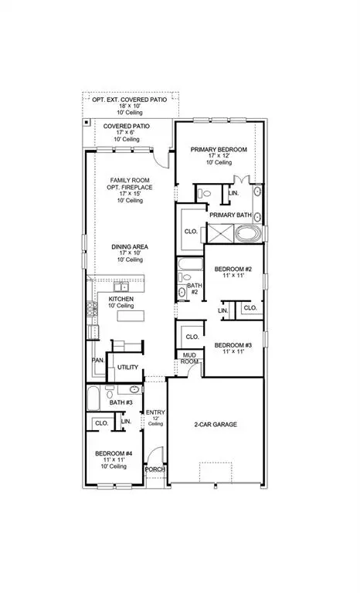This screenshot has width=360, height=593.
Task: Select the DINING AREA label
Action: (x=128, y=247)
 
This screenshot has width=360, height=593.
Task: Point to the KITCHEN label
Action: (x=122, y=298)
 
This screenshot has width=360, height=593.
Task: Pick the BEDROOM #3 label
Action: (x=229, y=344)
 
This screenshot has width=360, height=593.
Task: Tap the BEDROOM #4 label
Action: (x=111, y=454)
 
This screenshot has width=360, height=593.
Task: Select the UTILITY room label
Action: (x=128, y=368)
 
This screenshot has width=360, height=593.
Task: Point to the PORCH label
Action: (x=155, y=469)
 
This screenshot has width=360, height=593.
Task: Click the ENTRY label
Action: (x=155, y=413)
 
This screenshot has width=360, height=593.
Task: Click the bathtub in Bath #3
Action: (x=93, y=399)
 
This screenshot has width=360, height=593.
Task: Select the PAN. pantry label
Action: (x=98, y=360)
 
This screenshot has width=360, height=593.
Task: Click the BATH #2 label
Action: (x=195, y=290)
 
